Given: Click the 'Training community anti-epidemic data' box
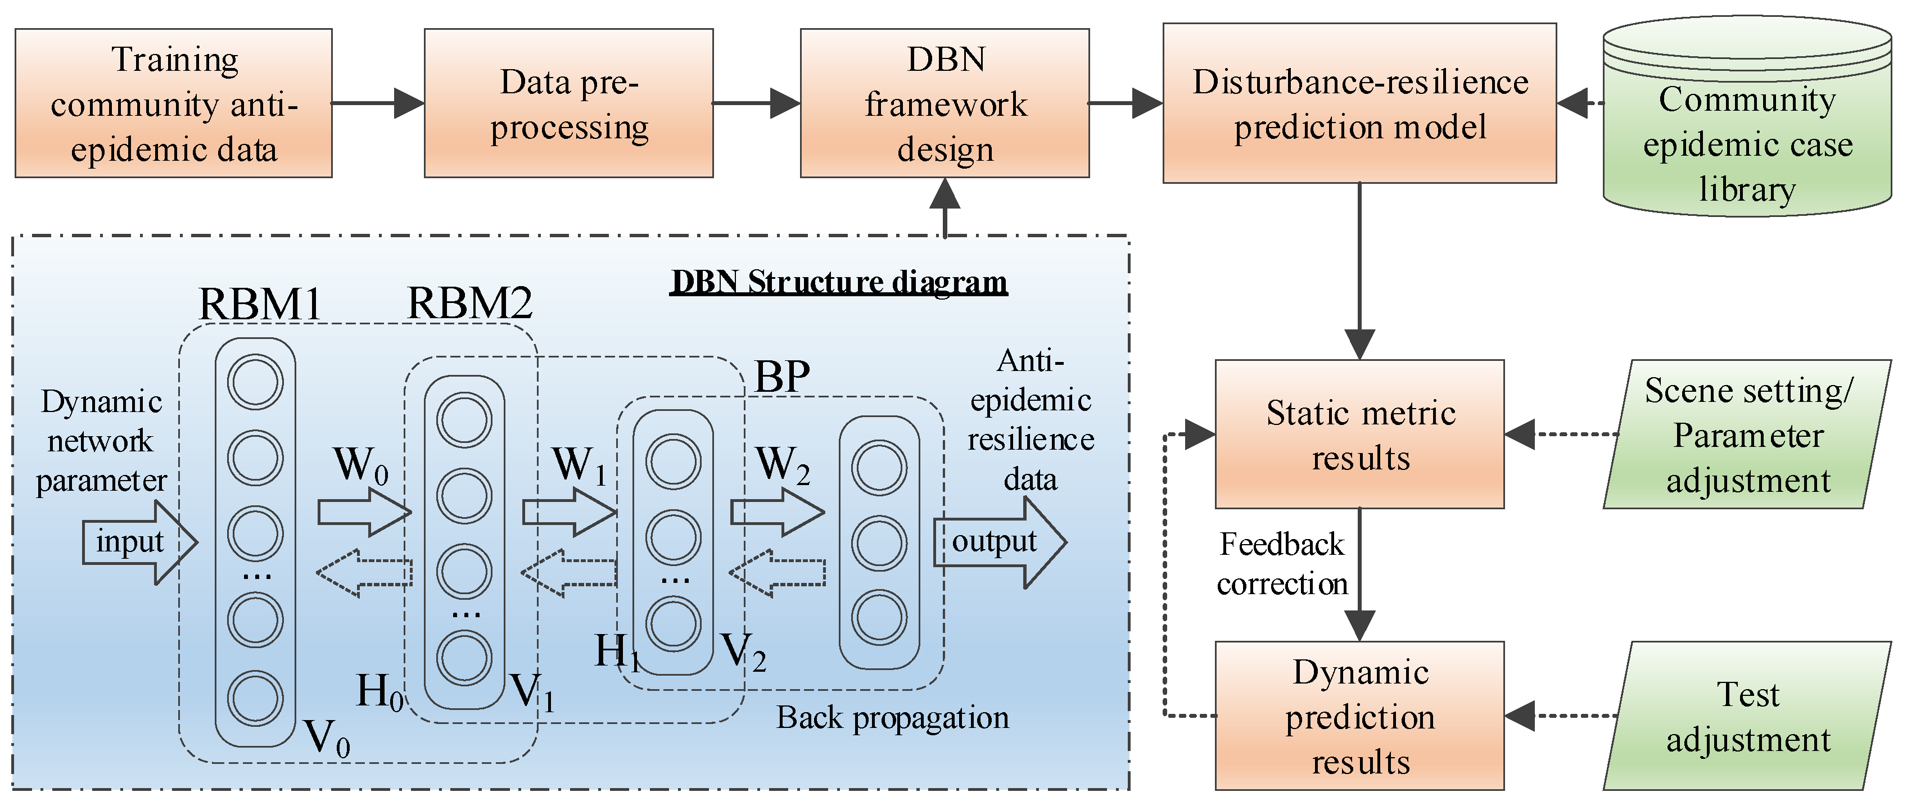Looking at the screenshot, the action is (x=173, y=103).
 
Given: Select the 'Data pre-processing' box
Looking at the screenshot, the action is (x=569, y=103).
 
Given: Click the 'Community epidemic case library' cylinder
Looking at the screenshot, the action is (x=1747, y=117).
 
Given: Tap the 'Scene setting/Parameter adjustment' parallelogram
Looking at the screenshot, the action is (x=1747, y=435).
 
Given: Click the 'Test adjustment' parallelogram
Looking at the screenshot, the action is (x=1747, y=716).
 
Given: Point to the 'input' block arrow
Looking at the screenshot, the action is (x=139, y=542).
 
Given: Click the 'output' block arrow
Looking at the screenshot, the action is (x=1000, y=542).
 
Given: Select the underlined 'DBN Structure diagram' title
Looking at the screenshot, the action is (x=839, y=282).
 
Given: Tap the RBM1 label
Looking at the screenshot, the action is (x=260, y=304).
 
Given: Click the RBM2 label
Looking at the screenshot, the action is (x=470, y=303).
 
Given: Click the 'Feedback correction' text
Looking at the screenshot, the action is (x=1282, y=564).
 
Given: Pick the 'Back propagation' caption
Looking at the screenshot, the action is (x=893, y=718).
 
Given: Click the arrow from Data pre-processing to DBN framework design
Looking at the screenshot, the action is (x=756, y=103).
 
